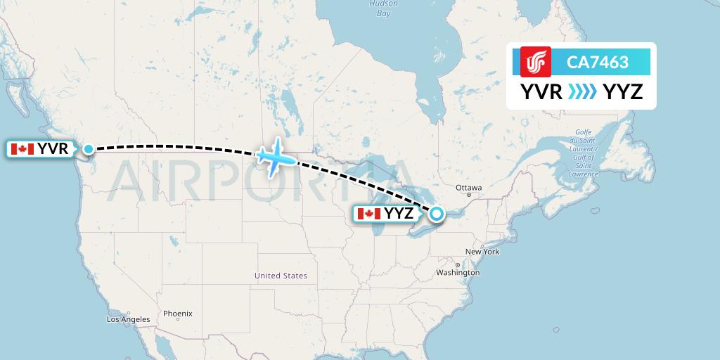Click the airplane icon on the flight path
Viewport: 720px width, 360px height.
click(x=275, y=157)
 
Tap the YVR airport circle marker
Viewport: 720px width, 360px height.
click(x=89, y=149)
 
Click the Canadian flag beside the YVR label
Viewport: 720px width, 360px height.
click(x=22, y=149)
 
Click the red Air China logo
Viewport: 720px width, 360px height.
click(x=536, y=61)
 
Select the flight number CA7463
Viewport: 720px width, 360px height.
click(x=598, y=62)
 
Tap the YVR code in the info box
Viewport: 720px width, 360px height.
click(x=541, y=91)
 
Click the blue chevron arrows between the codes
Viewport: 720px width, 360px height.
click(x=581, y=91)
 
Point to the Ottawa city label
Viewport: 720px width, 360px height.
click(x=468, y=188)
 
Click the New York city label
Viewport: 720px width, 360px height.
click(x=482, y=251)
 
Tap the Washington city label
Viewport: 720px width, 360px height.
click(x=458, y=272)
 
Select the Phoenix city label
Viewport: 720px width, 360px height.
click(x=177, y=314)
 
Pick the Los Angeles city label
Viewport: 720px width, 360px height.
click(x=128, y=319)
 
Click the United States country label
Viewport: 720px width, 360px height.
click(x=281, y=276)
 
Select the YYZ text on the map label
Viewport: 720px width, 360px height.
click(x=398, y=214)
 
